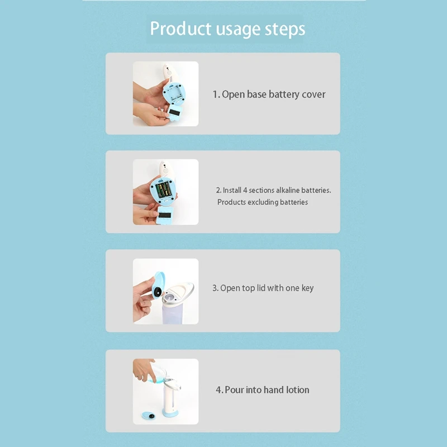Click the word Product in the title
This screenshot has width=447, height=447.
point(180,29)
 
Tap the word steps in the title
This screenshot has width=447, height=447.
point(286,29)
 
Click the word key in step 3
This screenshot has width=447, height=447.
point(307,288)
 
